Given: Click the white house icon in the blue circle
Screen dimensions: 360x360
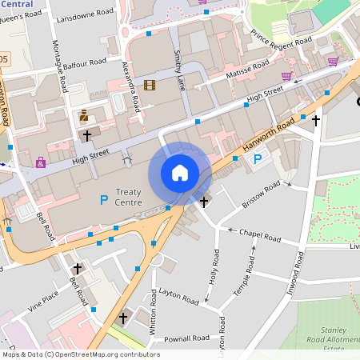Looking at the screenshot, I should click(180, 173).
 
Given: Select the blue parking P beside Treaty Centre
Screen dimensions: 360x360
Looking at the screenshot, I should click(103, 198).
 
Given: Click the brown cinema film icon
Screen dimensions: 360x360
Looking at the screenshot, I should click(150, 85).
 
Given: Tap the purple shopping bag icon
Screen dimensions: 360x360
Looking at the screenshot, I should click(41, 162).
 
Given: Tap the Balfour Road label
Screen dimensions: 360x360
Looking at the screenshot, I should click(85, 62).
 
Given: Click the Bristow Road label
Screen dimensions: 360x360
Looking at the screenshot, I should click(262, 195).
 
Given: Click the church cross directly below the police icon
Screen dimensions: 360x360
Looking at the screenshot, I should click(87, 136).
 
